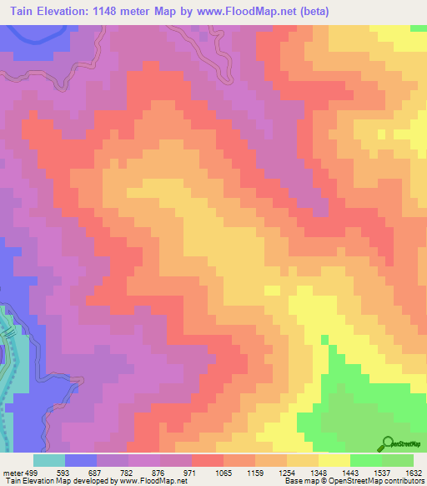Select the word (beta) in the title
[312, 12]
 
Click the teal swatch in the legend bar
[48, 460]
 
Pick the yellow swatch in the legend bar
[334, 460]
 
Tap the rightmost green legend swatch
[397, 460]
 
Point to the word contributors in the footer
[404, 481]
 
